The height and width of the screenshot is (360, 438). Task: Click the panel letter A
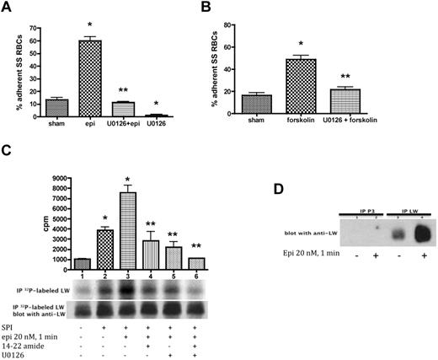9,7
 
